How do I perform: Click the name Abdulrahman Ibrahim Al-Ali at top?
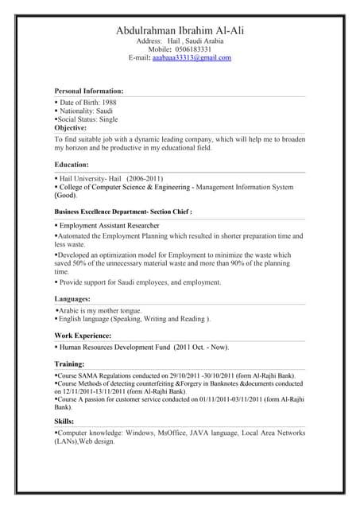click(x=180, y=30)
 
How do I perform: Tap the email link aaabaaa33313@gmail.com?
click(x=192, y=58)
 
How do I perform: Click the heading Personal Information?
click(x=88, y=91)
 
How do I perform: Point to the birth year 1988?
click(x=110, y=103)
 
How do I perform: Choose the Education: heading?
click(x=72, y=164)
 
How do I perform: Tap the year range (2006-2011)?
click(x=145, y=179)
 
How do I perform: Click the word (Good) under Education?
click(x=65, y=195)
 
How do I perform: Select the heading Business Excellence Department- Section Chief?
click(x=122, y=212)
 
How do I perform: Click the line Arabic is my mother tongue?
click(x=100, y=310)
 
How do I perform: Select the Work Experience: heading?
click(x=83, y=336)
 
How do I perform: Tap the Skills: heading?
click(x=64, y=421)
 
